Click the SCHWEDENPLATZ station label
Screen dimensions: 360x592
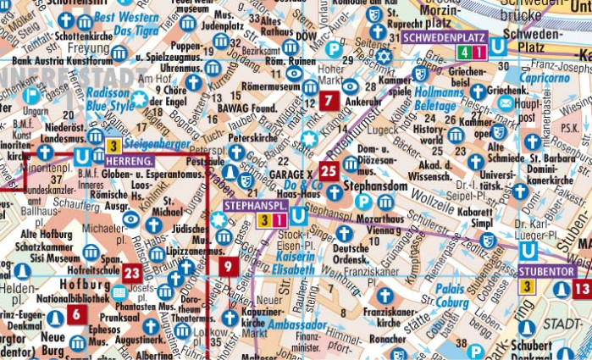tap(443, 37)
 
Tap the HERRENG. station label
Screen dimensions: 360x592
tap(131, 160)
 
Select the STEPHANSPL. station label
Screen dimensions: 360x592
tap(254, 205)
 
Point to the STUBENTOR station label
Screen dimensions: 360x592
tap(547, 272)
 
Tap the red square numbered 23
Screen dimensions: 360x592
tap(131, 273)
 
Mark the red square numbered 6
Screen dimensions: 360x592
tap(76, 314)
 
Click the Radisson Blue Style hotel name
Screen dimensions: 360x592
tap(108, 100)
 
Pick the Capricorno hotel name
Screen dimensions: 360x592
tap(545, 75)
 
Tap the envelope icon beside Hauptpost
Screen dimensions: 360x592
tap(506, 102)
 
